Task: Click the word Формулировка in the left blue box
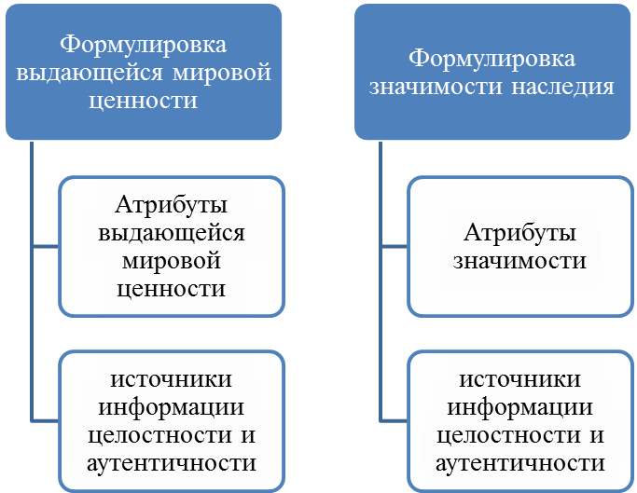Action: click(143, 45)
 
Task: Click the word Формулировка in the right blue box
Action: click(492, 59)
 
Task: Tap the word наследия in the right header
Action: click(562, 87)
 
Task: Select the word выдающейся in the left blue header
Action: click(90, 73)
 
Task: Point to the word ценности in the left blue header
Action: click(143, 101)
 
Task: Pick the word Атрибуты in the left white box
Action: click(171, 205)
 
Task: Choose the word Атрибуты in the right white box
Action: click(520, 234)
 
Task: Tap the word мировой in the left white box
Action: click(171, 261)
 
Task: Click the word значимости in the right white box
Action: click(520, 261)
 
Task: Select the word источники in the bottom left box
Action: click(171, 379)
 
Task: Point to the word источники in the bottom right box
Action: click(520, 379)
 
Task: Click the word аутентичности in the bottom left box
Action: click(172, 463)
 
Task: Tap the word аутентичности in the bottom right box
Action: click(520, 463)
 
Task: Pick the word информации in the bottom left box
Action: click(171, 407)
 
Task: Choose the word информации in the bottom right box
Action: click(520, 407)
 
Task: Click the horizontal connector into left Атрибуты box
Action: click(46, 246)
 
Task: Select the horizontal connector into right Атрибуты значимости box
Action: click(395, 246)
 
